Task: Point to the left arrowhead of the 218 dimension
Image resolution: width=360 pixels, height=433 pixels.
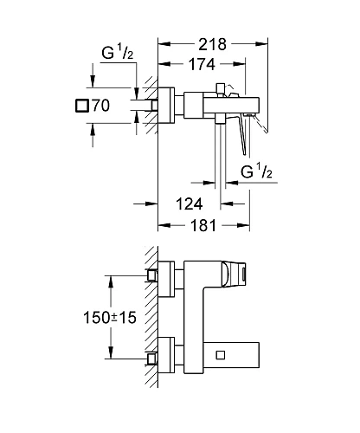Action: pyautogui.click(x=162, y=42)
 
